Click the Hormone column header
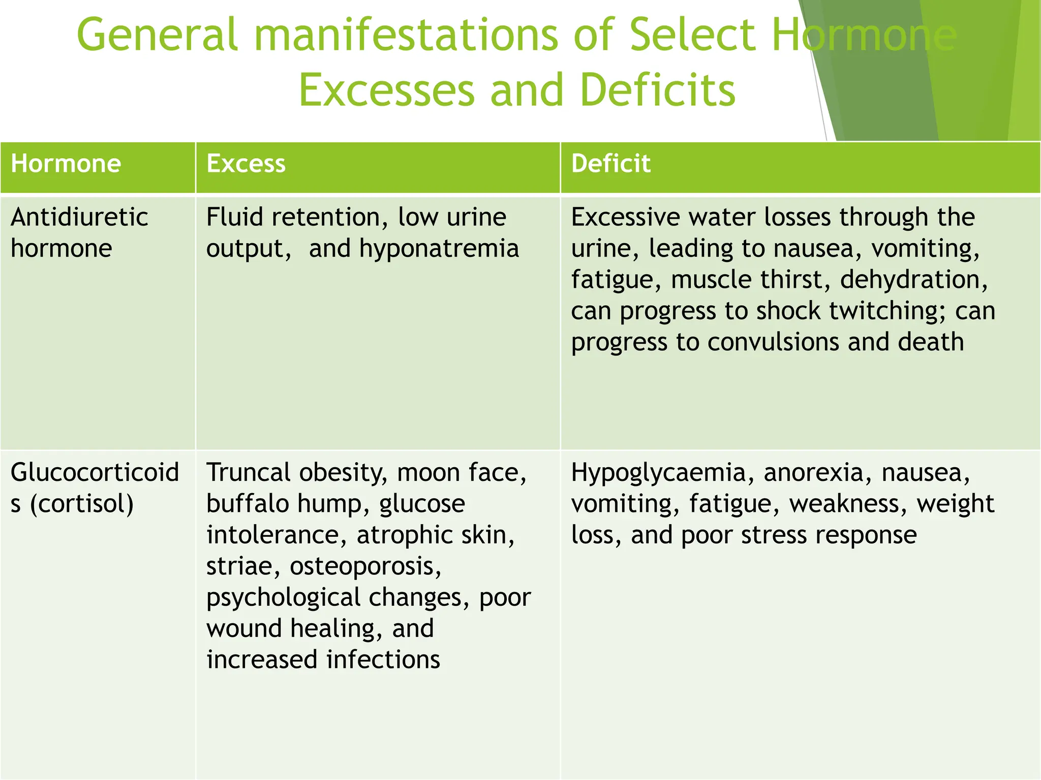coord(66,164)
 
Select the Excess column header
coord(246,164)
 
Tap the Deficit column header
coord(610,164)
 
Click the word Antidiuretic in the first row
coord(79,217)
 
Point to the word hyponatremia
coord(439,249)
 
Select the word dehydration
coord(913,280)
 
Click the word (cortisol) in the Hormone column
coord(82,504)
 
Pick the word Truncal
coord(248,473)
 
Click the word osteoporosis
coord(365,566)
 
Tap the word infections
coord(383,660)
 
